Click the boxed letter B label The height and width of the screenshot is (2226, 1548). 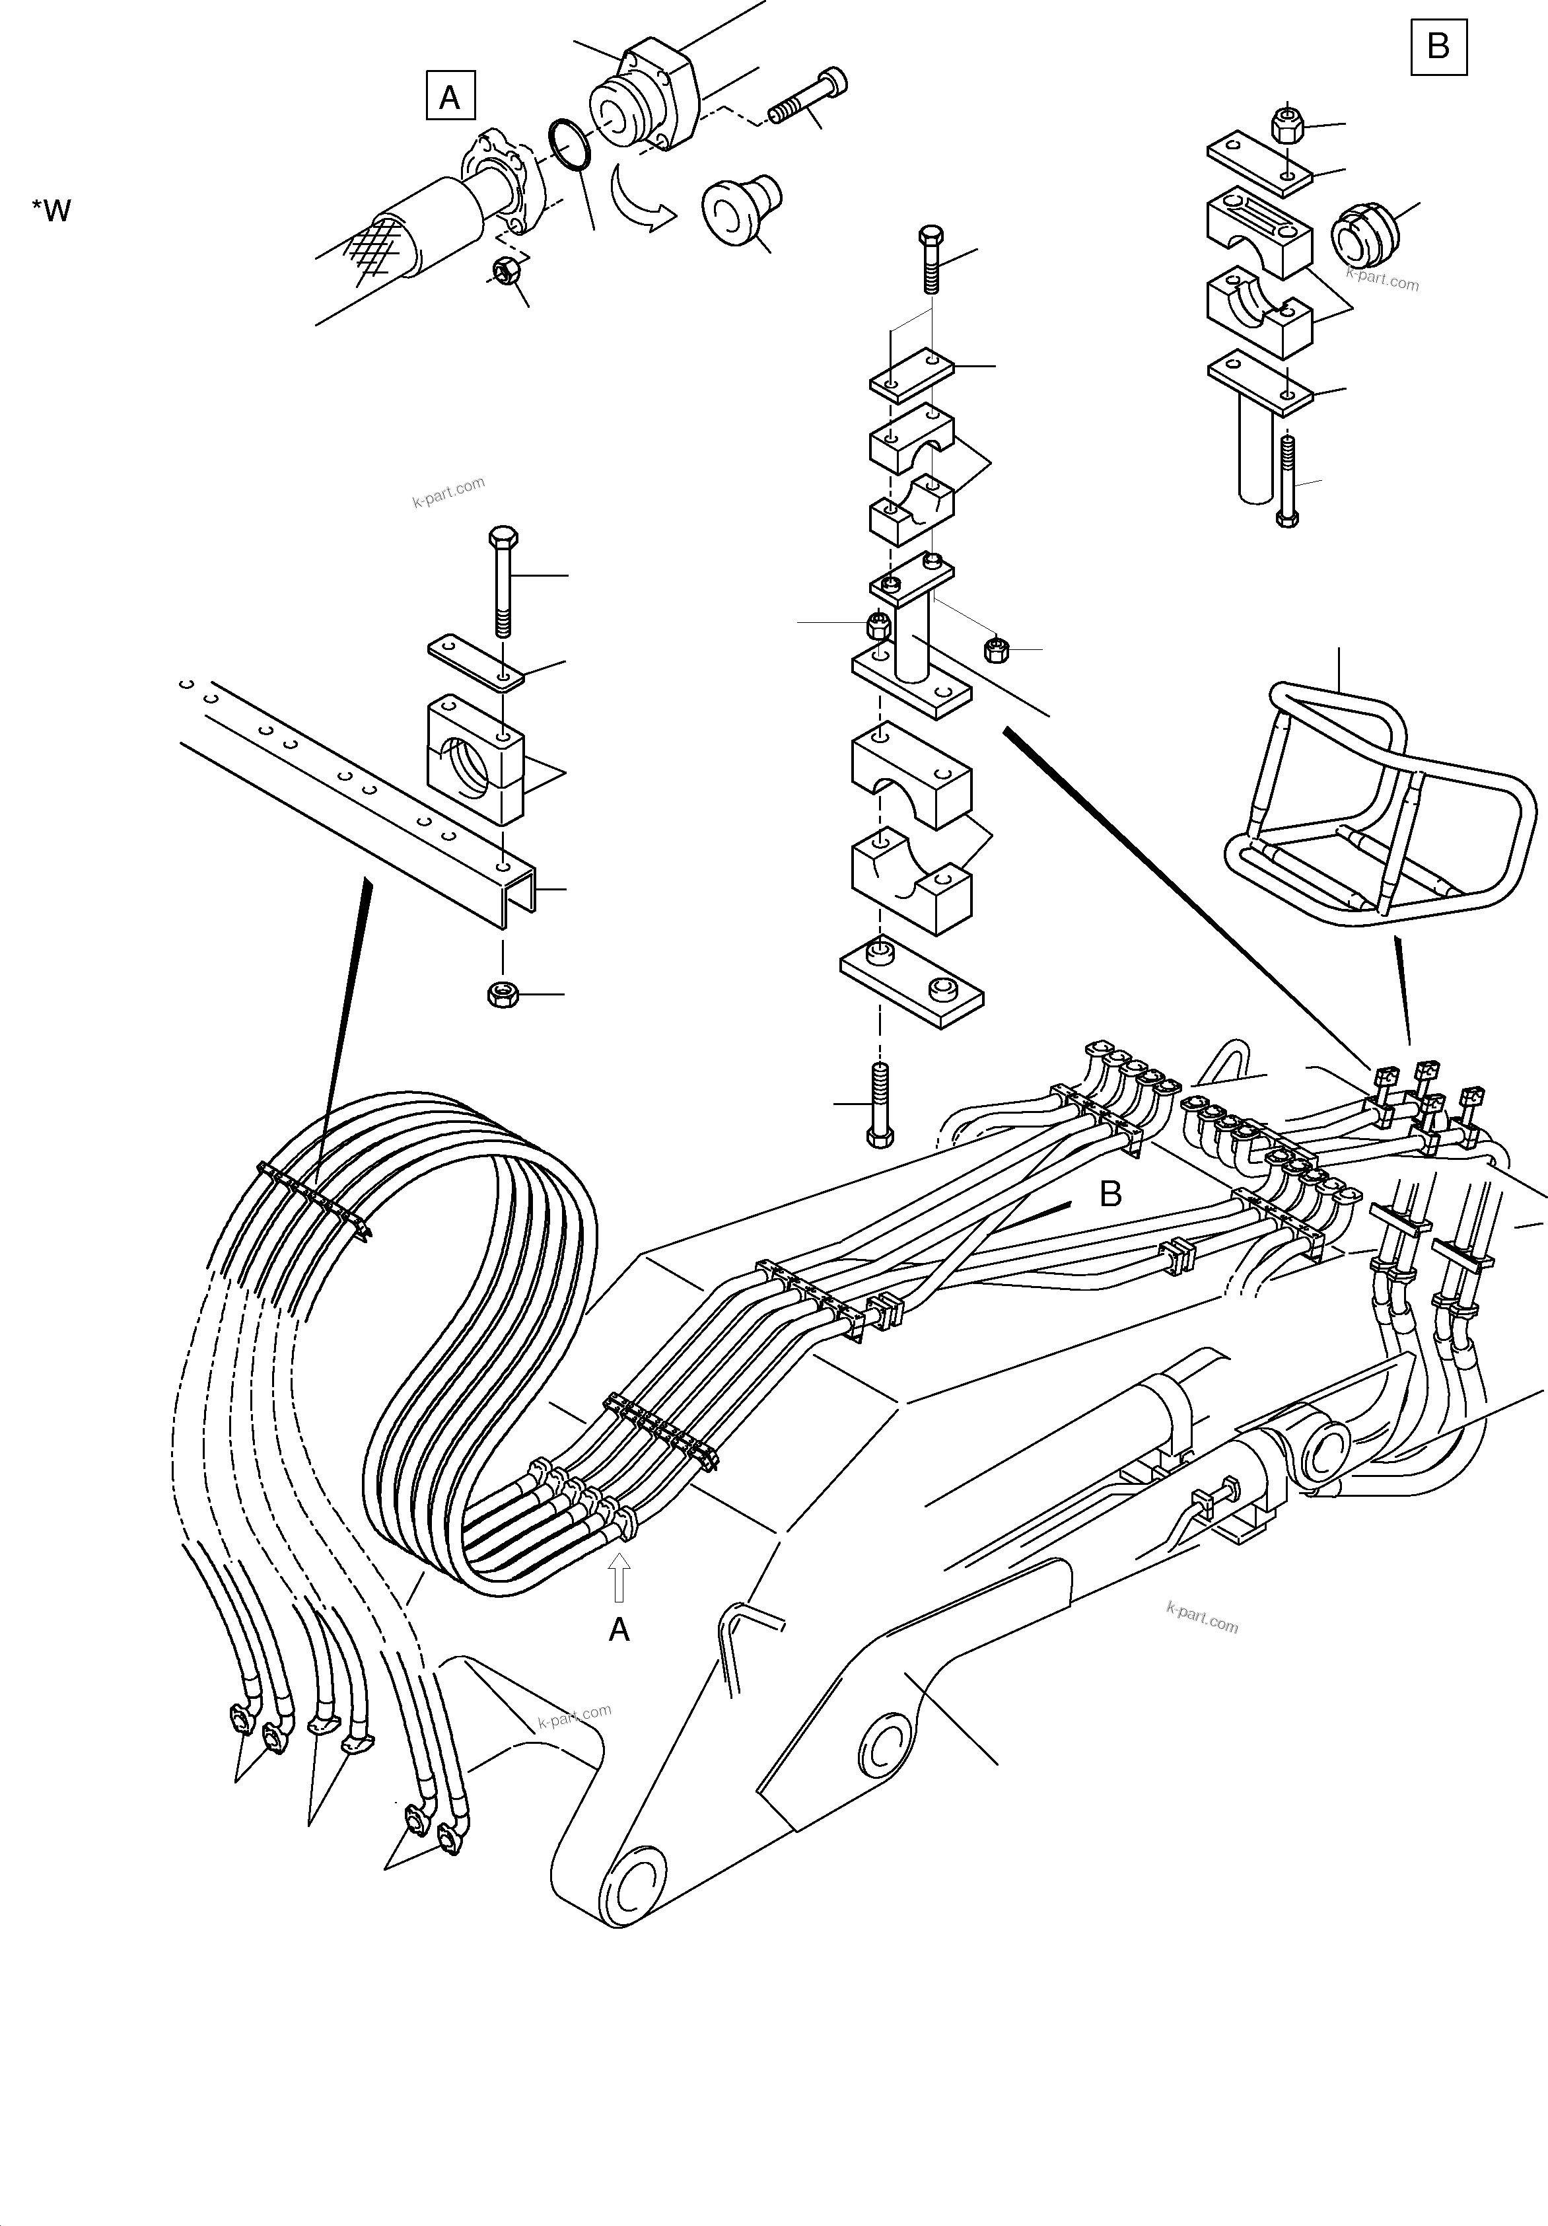click(x=1438, y=46)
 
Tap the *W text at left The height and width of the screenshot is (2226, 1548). click(x=52, y=211)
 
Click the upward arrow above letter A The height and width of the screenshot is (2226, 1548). click(x=618, y=1577)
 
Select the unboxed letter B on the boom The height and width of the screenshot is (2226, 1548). click(x=1110, y=1194)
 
